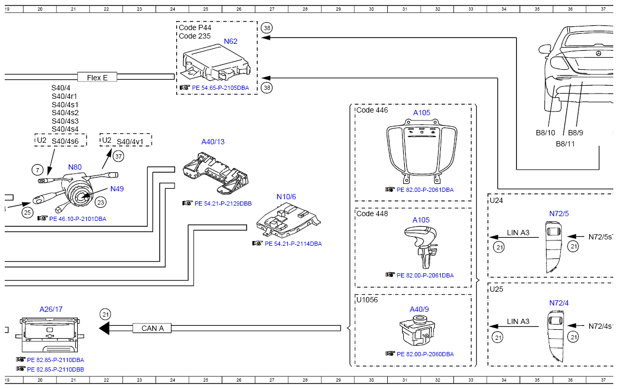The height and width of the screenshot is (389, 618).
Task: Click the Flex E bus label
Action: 97,77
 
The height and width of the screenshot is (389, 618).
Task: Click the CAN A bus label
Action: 152,328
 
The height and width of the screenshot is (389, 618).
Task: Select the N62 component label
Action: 231,41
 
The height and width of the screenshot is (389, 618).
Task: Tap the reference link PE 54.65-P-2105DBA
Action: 220,88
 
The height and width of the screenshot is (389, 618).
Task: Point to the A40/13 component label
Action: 213,142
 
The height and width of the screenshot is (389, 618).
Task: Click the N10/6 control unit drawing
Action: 288,220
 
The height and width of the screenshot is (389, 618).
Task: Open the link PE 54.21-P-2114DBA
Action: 293,244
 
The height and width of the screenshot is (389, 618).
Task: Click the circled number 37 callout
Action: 119,156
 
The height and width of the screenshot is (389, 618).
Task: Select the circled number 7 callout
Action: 38,170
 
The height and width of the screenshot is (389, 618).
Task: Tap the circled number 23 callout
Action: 101,202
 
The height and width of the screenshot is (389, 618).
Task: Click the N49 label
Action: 117,189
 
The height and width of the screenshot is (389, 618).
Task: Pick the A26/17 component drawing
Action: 50,335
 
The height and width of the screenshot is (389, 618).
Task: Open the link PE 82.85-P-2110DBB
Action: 56,369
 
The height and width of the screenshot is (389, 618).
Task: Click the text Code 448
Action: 372,214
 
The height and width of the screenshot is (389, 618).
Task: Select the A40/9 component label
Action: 419,310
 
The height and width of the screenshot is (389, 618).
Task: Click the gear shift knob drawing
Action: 421,246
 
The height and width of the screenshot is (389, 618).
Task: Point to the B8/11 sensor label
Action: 565,144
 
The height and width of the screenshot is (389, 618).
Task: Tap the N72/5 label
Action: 559,214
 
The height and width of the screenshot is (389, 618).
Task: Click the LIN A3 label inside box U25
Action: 518,322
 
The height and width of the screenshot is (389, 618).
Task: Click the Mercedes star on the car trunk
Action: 598,53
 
